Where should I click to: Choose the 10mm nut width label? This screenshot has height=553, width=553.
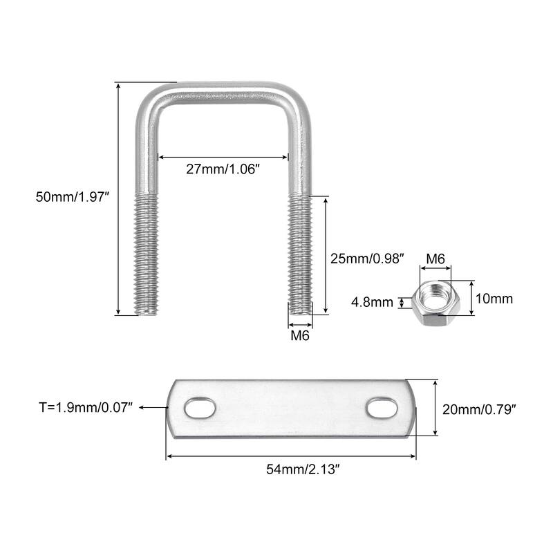495,299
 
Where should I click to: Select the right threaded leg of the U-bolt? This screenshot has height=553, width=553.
300,252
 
